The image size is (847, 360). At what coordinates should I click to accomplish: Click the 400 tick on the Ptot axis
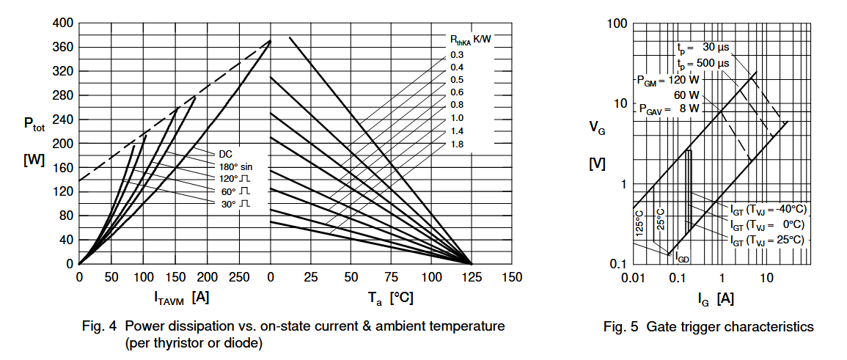click(x=62, y=23)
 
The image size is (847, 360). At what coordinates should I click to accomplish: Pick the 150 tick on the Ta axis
click(x=511, y=277)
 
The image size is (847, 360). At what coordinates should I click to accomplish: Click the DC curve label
click(x=226, y=154)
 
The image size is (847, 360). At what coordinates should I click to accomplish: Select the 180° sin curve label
click(x=235, y=166)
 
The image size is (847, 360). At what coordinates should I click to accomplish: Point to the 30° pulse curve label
click(x=235, y=203)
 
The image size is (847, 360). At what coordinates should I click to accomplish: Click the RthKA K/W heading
click(x=470, y=40)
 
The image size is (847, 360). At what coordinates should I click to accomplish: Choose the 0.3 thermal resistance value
click(x=457, y=55)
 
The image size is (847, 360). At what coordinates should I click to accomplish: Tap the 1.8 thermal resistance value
click(x=457, y=144)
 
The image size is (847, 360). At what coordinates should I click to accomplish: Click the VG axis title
click(x=598, y=127)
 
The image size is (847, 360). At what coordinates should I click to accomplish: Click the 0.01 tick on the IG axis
click(x=631, y=277)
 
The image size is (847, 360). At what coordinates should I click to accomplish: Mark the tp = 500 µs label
click(x=703, y=64)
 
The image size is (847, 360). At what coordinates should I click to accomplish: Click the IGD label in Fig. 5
click(x=681, y=258)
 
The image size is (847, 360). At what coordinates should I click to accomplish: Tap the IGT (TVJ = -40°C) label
click(x=768, y=209)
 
